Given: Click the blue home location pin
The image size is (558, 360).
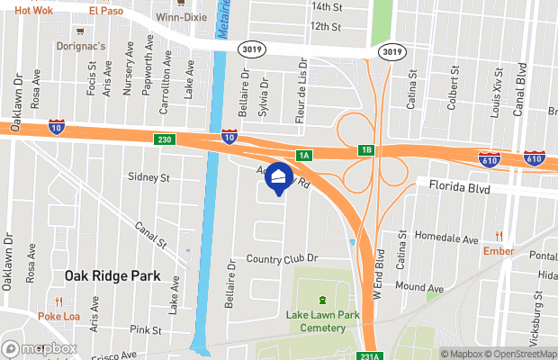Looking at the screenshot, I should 279,178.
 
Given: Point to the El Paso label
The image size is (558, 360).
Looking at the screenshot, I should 106,12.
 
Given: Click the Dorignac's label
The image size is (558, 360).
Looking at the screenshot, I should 82,45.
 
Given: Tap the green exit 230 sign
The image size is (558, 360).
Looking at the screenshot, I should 164,139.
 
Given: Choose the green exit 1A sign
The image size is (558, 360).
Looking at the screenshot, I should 304,156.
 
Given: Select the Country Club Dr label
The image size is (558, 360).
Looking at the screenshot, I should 283,259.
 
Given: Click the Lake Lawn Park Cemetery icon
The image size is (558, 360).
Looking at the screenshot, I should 321,301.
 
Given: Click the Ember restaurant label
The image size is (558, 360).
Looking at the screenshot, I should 498,251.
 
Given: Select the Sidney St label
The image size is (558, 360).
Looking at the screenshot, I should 149,178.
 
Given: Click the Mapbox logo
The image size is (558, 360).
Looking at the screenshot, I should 39,348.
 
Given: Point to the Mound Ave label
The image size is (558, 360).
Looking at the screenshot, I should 419,288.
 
